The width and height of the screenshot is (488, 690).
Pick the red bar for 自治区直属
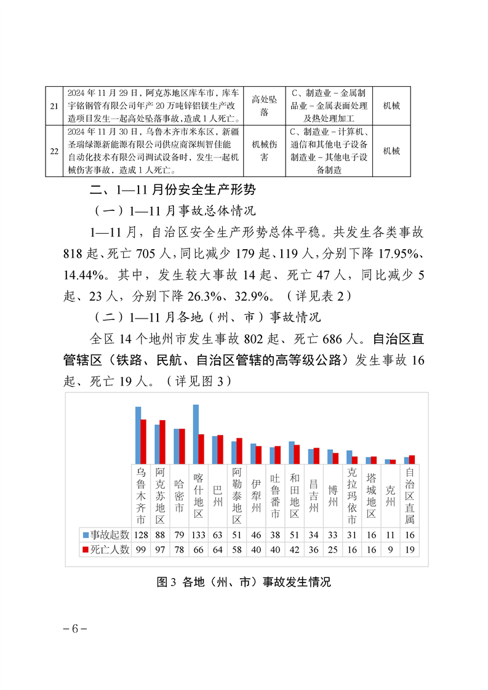point(412,459)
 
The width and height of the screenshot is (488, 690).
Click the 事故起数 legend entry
point(105,534)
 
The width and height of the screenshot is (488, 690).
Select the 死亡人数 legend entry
point(105,550)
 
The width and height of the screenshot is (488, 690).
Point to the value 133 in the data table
point(198,534)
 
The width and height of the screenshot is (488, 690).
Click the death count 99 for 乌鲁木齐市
point(141,550)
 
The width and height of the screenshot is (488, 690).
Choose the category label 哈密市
point(179,496)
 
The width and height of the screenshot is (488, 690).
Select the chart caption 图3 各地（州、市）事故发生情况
point(244,581)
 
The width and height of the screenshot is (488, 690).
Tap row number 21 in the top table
point(54,106)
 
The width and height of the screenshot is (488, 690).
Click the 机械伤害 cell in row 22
point(264,151)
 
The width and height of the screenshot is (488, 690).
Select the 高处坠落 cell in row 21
point(264,106)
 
